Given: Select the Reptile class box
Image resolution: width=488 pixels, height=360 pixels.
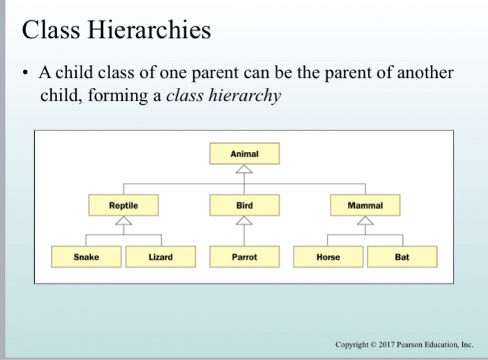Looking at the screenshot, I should pos(123,206).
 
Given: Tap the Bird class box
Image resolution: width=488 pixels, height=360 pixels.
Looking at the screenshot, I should pos(244,206).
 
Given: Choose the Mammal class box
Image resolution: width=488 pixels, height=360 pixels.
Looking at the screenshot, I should pos(365,206).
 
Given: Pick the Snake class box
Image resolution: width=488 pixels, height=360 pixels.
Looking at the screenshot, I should pos(86,257).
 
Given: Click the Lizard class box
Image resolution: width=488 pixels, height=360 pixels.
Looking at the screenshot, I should pos(160,257).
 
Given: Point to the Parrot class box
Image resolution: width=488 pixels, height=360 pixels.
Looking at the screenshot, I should pos(244,257).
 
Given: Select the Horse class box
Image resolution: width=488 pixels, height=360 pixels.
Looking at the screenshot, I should pos(328,257).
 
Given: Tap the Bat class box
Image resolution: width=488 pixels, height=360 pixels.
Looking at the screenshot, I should pos(402,257).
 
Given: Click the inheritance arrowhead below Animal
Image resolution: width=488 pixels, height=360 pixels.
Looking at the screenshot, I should pos(243,170).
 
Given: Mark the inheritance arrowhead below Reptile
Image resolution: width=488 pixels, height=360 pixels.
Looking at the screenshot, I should pos(123,221).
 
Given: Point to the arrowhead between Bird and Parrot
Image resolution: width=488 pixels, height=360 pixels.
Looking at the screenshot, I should pos(243,221).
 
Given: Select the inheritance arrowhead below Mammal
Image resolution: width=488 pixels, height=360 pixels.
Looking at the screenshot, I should pos(365,221).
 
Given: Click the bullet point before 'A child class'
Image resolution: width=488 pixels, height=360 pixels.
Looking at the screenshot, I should pos(26,75).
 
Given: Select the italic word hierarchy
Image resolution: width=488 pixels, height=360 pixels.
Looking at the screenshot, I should pos(251,96).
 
